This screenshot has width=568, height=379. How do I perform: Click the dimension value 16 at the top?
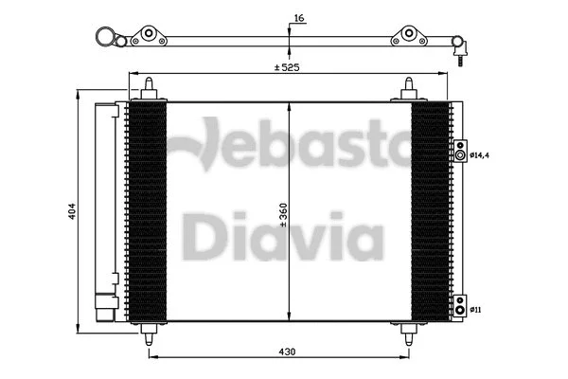click(x=299, y=18)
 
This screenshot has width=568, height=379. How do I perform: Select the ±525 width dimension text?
click(x=287, y=67)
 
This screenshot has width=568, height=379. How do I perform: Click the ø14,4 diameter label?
click(x=480, y=154)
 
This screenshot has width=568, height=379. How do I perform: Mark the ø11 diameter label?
click(x=477, y=307)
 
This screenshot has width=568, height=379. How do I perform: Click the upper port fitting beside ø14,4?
click(x=459, y=154)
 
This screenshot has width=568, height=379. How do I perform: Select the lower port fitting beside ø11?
click(x=459, y=307)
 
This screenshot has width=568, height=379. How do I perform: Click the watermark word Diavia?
click(x=282, y=238)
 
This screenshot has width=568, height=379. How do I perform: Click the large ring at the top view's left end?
click(x=107, y=39)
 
